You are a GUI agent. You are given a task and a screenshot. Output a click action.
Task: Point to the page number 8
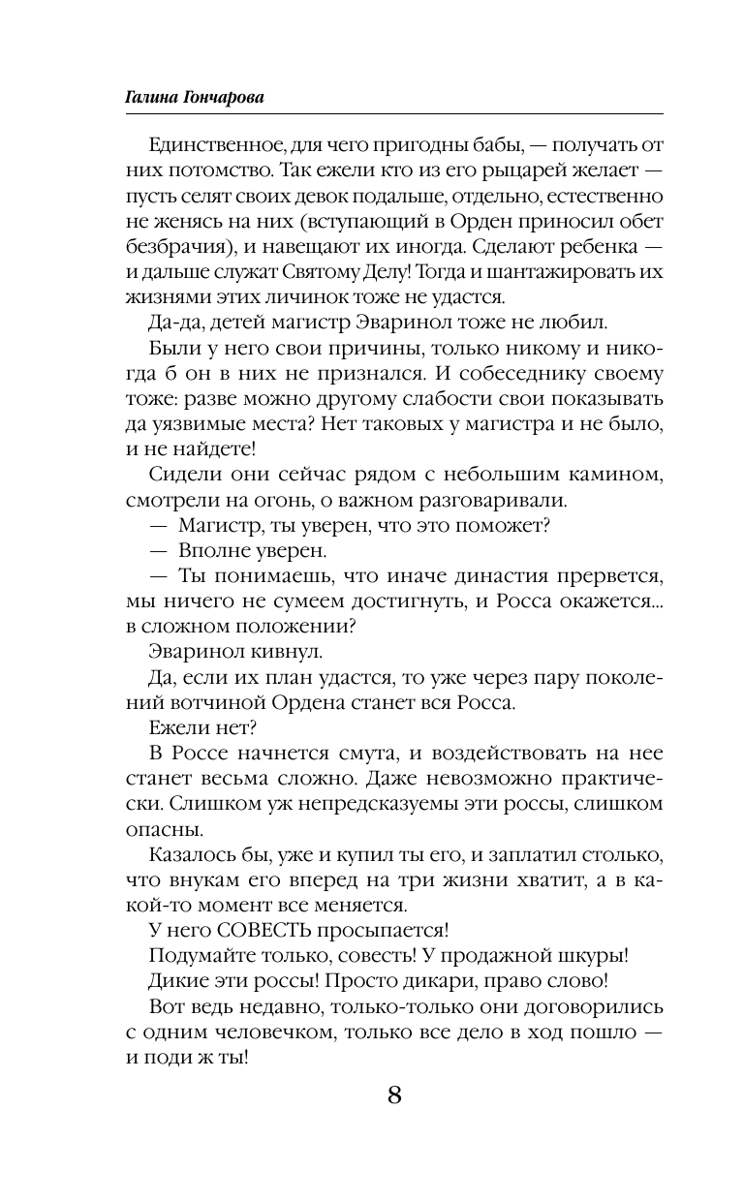(394, 1095)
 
